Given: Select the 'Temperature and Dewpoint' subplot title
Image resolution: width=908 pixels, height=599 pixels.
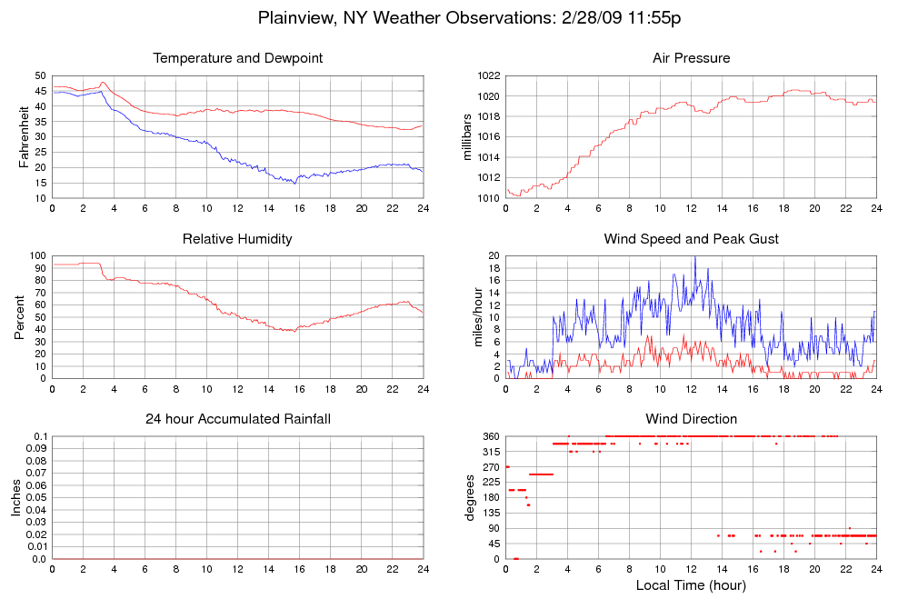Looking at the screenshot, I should pyautogui.click(x=238, y=58).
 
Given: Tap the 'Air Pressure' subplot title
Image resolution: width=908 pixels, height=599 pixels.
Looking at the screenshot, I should pyautogui.click(x=691, y=58).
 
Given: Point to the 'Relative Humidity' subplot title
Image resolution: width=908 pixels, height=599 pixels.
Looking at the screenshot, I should pyautogui.click(x=238, y=239).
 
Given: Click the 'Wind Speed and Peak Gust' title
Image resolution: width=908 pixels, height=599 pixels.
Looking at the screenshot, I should pyautogui.click(x=691, y=239).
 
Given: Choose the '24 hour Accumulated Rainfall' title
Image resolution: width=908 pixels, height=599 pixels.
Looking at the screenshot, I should pyautogui.click(x=238, y=419).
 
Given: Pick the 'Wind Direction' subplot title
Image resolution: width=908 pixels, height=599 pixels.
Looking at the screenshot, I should pyautogui.click(x=691, y=419).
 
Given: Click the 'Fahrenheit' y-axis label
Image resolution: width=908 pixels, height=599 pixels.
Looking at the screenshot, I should pyautogui.click(x=24, y=136).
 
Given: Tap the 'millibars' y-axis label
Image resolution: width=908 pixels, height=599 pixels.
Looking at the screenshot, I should pyautogui.click(x=469, y=136).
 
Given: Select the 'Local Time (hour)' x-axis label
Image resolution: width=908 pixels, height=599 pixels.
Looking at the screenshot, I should pyautogui.click(x=691, y=584).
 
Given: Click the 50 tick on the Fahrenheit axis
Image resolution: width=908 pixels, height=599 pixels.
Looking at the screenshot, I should pyautogui.click(x=40, y=76).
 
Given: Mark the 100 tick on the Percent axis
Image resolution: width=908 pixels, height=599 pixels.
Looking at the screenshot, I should pyautogui.click(x=37, y=256).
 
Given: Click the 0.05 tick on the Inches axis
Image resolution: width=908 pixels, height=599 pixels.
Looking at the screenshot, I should pyautogui.click(x=35, y=498).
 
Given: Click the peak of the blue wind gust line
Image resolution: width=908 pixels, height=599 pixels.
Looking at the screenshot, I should pyautogui.click(x=694, y=256).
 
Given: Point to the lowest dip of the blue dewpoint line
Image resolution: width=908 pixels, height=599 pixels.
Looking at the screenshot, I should pyautogui.click(x=294, y=184).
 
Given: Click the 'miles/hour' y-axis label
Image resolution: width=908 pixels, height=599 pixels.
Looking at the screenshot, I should pyautogui.click(x=469, y=317).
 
